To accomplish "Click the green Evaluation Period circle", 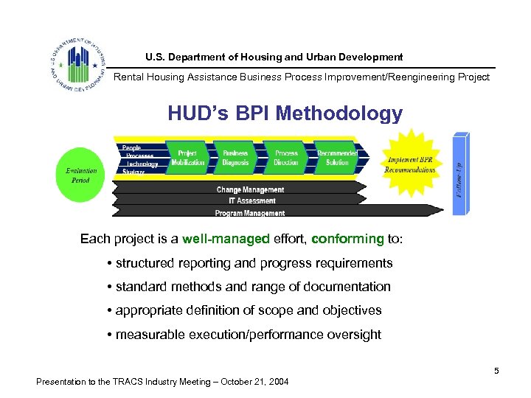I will tap(81, 175).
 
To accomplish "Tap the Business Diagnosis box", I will tap(236, 158).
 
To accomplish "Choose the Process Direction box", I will tap(286, 158).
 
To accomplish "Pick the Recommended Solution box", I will tap(337, 158).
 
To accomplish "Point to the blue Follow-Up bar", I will tap(461, 174).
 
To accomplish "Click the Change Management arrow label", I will tap(250, 189).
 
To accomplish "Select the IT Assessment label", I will tap(251, 200).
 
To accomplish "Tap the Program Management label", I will tap(249, 213).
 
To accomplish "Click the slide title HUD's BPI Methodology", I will tap(285, 114).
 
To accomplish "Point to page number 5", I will tap(496, 371).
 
